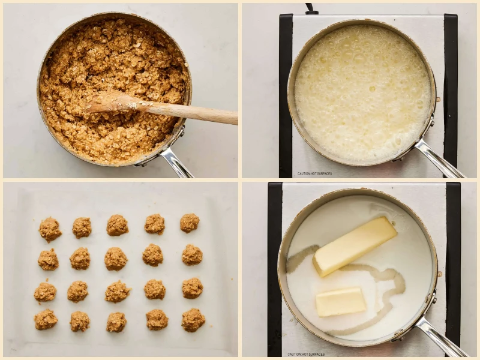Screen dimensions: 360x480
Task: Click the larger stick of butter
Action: point(355,246)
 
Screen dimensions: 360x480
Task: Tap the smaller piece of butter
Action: point(340,301)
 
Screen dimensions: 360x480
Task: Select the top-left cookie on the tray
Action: point(50,229)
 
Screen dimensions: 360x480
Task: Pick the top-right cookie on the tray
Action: point(190,223)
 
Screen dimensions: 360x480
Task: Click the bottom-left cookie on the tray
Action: point(46,319)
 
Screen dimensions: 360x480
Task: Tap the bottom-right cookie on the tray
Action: point(193,320)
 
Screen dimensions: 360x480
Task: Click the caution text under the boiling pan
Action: point(314,174)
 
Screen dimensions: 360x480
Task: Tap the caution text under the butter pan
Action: point(306,354)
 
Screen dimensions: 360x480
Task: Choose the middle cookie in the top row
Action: point(117,225)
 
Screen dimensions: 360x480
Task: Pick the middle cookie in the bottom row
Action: point(116,322)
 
